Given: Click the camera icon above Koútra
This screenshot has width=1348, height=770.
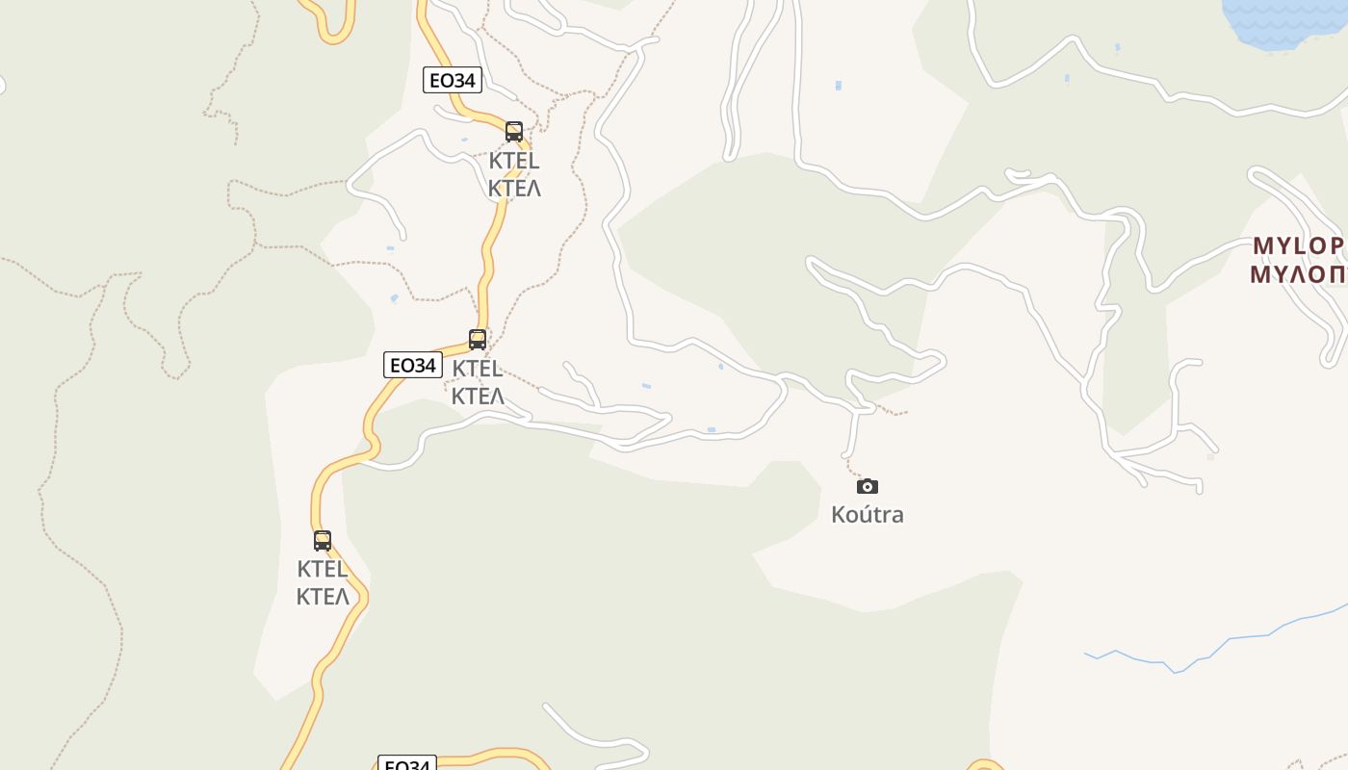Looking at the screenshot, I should pyautogui.click(x=868, y=486).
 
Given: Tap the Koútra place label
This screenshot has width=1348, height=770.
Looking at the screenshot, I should pyautogui.click(x=868, y=515).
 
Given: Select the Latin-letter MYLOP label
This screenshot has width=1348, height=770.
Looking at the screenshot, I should pyautogui.click(x=1298, y=245).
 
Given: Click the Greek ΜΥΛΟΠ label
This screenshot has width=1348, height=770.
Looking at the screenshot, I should pyautogui.click(x=1298, y=274).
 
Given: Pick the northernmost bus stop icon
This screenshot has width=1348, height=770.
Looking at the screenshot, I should pyautogui.click(x=514, y=132).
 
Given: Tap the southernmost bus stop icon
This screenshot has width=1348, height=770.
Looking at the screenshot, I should pyautogui.click(x=323, y=541).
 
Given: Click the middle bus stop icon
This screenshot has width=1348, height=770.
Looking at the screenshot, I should pyautogui.click(x=478, y=340).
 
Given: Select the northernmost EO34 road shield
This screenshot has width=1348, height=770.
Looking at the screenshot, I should pyautogui.click(x=452, y=80).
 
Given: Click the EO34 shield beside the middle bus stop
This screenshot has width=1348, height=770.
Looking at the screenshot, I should pyautogui.click(x=412, y=366).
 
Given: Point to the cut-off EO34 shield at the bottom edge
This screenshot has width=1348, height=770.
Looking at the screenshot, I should pyautogui.click(x=406, y=763).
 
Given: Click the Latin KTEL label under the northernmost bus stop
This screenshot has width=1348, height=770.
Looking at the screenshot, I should pyautogui.click(x=514, y=160).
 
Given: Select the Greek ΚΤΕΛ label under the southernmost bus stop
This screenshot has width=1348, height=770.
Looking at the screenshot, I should pyautogui.click(x=323, y=597).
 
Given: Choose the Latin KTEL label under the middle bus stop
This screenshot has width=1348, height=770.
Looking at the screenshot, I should pyautogui.click(x=478, y=368).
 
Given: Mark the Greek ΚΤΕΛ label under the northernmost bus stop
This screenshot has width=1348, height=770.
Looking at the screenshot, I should pyautogui.click(x=514, y=188).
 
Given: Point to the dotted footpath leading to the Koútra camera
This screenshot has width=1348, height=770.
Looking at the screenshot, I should pyautogui.click(x=851, y=469).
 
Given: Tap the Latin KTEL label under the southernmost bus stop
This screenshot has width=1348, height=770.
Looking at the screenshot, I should pyautogui.click(x=323, y=569).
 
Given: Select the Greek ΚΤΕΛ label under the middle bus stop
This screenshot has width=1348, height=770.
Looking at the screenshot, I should pyautogui.click(x=478, y=396).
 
